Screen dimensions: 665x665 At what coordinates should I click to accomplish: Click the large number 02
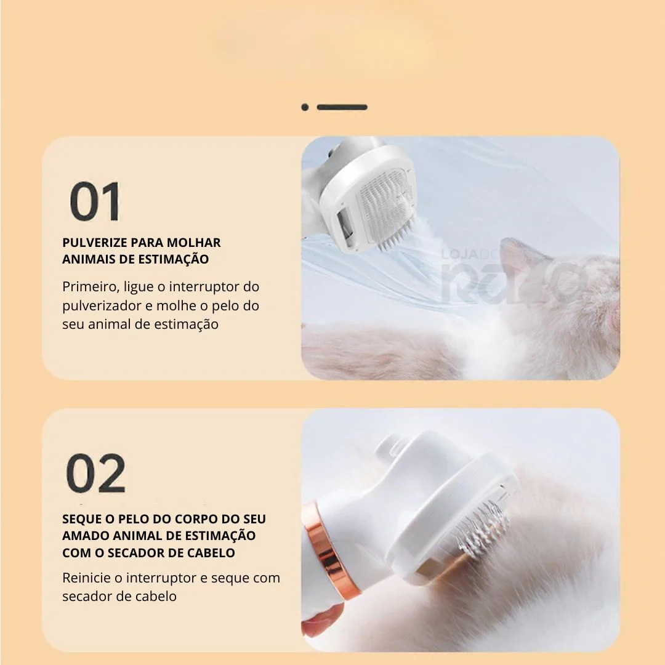pos(96,474)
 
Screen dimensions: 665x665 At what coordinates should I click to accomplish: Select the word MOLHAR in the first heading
pos(193,243)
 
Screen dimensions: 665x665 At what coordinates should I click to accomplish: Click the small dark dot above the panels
pos(305,107)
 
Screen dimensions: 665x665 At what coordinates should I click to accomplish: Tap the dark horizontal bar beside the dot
pos(342,107)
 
